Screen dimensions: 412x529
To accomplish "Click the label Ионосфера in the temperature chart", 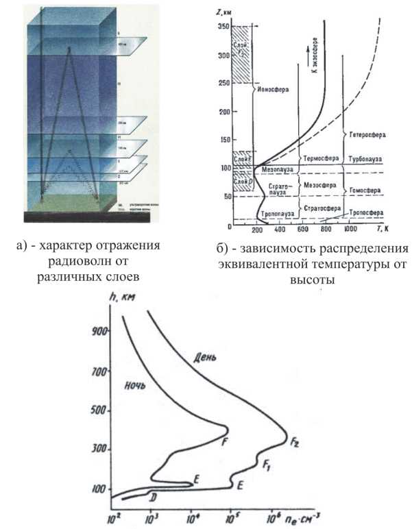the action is (x=271, y=89).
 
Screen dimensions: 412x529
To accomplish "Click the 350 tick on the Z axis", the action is (x=221, y=25).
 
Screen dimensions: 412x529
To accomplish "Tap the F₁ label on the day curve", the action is (x=267, y=465).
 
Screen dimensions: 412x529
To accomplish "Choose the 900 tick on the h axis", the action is (x=99, y=330).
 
